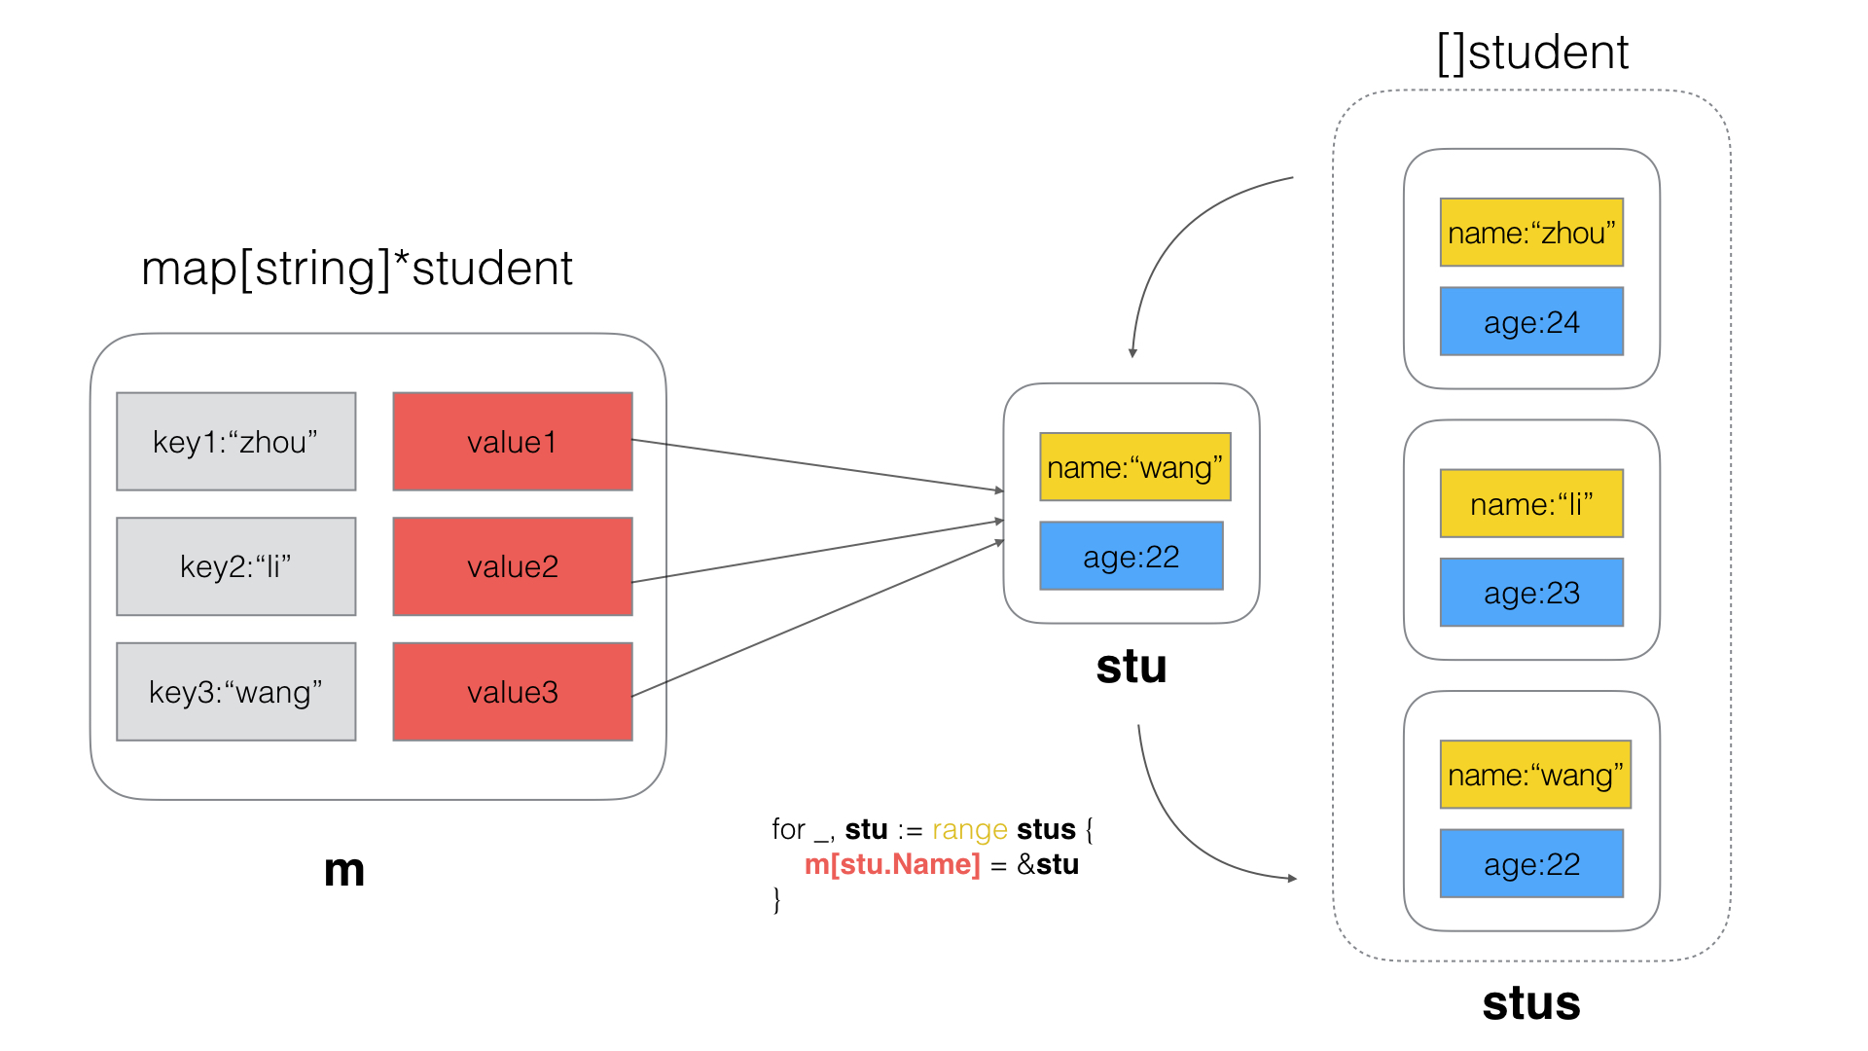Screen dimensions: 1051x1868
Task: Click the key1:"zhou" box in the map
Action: (235, 442)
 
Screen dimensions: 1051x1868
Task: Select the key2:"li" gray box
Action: (235, 566)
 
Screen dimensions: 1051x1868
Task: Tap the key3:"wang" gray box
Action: (235, 692)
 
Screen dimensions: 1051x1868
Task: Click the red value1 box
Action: (512, 442)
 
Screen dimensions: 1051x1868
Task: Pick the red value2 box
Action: (512, 566)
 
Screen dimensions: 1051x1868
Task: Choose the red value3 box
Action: (512, 692)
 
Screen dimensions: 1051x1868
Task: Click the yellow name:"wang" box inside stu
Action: (1134, 467)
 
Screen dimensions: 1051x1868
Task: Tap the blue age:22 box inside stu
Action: (1131, 556)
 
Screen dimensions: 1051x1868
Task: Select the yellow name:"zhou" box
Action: (1531, 233)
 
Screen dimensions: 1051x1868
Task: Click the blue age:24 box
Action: (1531, 321)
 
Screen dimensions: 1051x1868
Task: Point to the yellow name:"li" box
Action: (1531, 503)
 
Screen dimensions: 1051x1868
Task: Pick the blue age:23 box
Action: (1531, 592)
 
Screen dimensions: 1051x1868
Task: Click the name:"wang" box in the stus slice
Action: (1534, 775)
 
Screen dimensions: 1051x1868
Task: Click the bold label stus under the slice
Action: (1531, 1003)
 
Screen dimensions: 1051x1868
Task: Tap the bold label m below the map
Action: (343, 870)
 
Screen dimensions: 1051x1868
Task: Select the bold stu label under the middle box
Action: (1131, 667)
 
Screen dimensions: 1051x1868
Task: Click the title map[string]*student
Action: (356, 269)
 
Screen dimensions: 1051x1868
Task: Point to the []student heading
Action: (1532, 53)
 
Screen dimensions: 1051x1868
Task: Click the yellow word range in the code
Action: (969, 829)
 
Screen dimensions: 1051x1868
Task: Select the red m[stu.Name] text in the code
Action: (892, 864)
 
